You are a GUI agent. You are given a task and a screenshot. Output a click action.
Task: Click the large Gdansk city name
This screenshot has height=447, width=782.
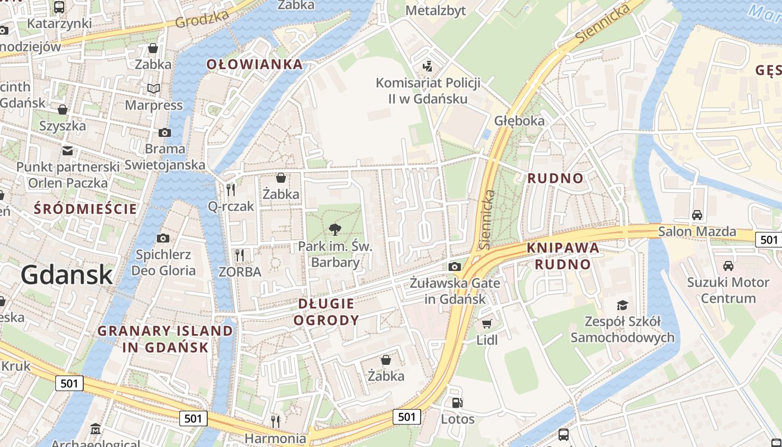(x=67, y=275)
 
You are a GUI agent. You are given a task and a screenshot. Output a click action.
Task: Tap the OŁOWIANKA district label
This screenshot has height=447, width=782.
(x=255, y=64)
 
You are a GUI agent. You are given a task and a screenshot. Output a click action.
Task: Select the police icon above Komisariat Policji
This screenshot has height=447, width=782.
(x=427, y=66)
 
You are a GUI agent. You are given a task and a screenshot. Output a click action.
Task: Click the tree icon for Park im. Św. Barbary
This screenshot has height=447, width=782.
(x=335, y=229)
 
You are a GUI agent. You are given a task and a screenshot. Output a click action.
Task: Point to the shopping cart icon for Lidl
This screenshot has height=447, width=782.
(x=487, y=324)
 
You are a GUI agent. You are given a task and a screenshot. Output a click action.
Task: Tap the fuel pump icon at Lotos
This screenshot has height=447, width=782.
(x=457, y=402)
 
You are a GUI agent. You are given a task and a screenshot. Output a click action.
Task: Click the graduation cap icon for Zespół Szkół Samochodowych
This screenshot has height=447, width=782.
(x=622, y=305)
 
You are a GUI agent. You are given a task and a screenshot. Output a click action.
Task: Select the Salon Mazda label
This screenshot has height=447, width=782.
(x=697, y=231)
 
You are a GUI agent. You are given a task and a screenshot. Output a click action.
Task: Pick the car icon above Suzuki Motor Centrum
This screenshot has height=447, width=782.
(x=728, y=265)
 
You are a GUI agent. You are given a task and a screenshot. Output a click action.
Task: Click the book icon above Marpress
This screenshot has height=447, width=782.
(x=153, y=88)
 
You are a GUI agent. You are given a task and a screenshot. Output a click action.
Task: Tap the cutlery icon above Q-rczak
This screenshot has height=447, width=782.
(x=231, y=189)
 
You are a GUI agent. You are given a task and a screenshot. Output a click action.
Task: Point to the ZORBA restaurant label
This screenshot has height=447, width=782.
(x=240, y=272)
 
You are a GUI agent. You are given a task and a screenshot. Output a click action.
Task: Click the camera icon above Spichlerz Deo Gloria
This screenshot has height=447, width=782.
(x=163, y=238)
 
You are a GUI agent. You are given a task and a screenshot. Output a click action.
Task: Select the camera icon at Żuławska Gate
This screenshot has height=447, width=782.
(x=454, y=267)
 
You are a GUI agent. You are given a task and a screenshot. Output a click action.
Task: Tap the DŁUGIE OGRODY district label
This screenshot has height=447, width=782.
(x=326, y=312)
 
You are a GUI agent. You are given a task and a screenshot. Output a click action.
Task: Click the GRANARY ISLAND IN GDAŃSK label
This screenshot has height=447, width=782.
(x=165, y=339)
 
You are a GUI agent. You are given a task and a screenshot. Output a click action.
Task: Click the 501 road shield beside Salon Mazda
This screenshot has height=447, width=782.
(x=768, y=240)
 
